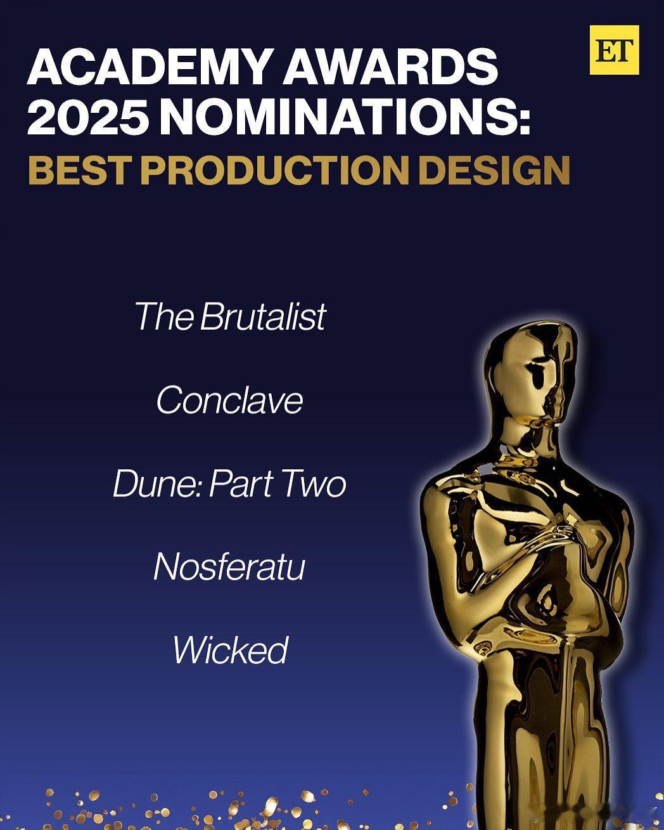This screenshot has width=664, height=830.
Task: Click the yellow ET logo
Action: click(x=614, y=50)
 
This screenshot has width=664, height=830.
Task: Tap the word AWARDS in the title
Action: click(x=390, y=67)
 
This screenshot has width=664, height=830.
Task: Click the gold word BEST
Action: click(x=78, y=170)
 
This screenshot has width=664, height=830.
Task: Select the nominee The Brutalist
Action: click(x=231, y=316)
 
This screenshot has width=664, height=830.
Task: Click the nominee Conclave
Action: click(x=230, y=401)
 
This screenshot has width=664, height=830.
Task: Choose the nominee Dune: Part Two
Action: click(x=230, y=484)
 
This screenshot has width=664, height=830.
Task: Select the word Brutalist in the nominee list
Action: click(x=263, y=316)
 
